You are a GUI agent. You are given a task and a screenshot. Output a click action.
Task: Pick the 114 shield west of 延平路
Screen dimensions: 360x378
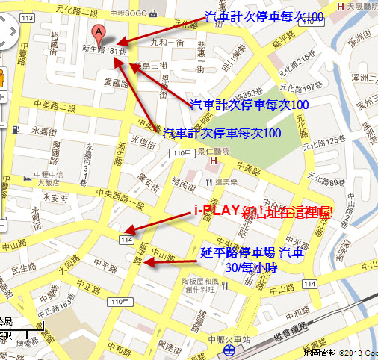(x=126, y=239)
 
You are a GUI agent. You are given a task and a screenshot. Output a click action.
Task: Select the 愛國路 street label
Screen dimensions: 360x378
(x=117, y=83)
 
